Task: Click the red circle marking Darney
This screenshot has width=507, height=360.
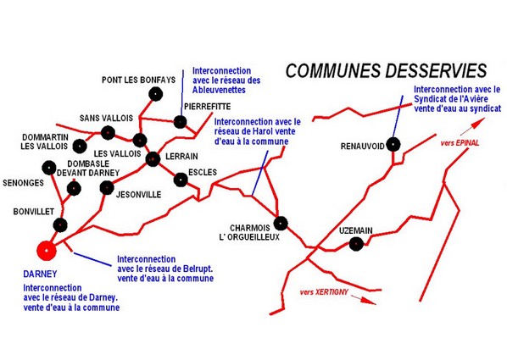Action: [x=47, y=251]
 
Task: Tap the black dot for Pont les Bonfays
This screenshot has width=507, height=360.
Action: [x=155, y=94]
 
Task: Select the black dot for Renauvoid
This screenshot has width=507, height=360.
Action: [x=393, y=145]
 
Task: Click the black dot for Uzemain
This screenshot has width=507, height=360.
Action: [x=356, y=244]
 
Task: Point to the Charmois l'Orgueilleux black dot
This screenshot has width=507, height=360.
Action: [x=281, y=224]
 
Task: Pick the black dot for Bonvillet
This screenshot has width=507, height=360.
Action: [x=60, y=225]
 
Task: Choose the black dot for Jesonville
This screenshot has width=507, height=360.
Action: [x=107, y=187]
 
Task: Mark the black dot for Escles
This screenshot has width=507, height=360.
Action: [x=181, y=180]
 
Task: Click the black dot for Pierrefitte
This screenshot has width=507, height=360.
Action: [x=180, y=122]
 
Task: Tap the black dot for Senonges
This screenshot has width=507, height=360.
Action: [x=49, y=168]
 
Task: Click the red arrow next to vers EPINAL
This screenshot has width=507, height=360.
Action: [x=472, y=127]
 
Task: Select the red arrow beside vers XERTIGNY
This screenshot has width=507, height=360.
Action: [x=364, y=299]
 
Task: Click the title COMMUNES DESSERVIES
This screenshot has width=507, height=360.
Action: [x=386, y=70]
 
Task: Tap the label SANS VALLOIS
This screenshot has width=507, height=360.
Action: [x=106, y=118]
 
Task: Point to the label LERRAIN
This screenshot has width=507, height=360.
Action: [x=181, y=157]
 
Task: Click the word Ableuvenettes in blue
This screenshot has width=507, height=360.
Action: [x=219, y=90]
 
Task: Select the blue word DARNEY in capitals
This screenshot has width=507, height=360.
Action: [x=40, y=274]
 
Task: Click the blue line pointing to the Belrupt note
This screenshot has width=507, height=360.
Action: [x=92, y=259]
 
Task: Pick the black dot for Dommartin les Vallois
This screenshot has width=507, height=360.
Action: [x=80, y=147]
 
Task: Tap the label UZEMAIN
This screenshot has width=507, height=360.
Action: [x=356, y=230]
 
